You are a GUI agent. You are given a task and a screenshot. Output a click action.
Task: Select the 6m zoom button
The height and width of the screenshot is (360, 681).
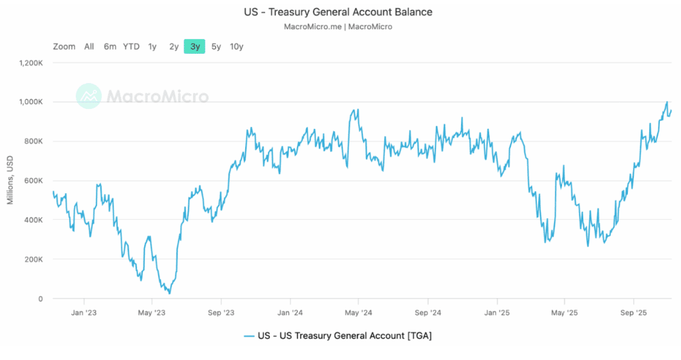(110, 46)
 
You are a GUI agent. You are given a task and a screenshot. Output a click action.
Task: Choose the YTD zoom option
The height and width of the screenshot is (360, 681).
(131, 46)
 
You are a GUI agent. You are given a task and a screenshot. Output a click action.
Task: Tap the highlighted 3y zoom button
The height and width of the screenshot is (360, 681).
(195, 46)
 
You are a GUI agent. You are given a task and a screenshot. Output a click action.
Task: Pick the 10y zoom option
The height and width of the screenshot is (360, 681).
(237, 46)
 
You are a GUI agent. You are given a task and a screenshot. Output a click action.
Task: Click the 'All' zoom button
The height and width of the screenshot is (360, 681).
(89, 46)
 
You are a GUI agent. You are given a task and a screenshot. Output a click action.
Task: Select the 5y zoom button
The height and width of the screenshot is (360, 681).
(217, 46)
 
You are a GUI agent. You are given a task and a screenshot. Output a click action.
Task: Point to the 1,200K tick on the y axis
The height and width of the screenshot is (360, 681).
(31, 63)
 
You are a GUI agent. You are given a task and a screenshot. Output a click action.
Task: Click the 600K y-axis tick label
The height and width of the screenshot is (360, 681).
(33, 181)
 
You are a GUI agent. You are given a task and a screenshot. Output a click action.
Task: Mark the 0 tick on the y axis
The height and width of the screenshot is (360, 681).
(40, 299)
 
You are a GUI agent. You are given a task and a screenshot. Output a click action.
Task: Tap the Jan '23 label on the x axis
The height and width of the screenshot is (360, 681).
(84, 312)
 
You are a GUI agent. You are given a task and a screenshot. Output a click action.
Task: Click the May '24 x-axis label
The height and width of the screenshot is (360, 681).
(357, 312)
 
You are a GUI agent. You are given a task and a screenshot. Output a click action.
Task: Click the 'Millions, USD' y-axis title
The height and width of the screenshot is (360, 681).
(11, 181)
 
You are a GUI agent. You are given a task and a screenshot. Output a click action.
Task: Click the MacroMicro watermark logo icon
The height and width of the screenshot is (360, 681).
(88, 96)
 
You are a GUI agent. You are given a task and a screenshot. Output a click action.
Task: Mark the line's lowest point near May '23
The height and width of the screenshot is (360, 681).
(169, 293)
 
